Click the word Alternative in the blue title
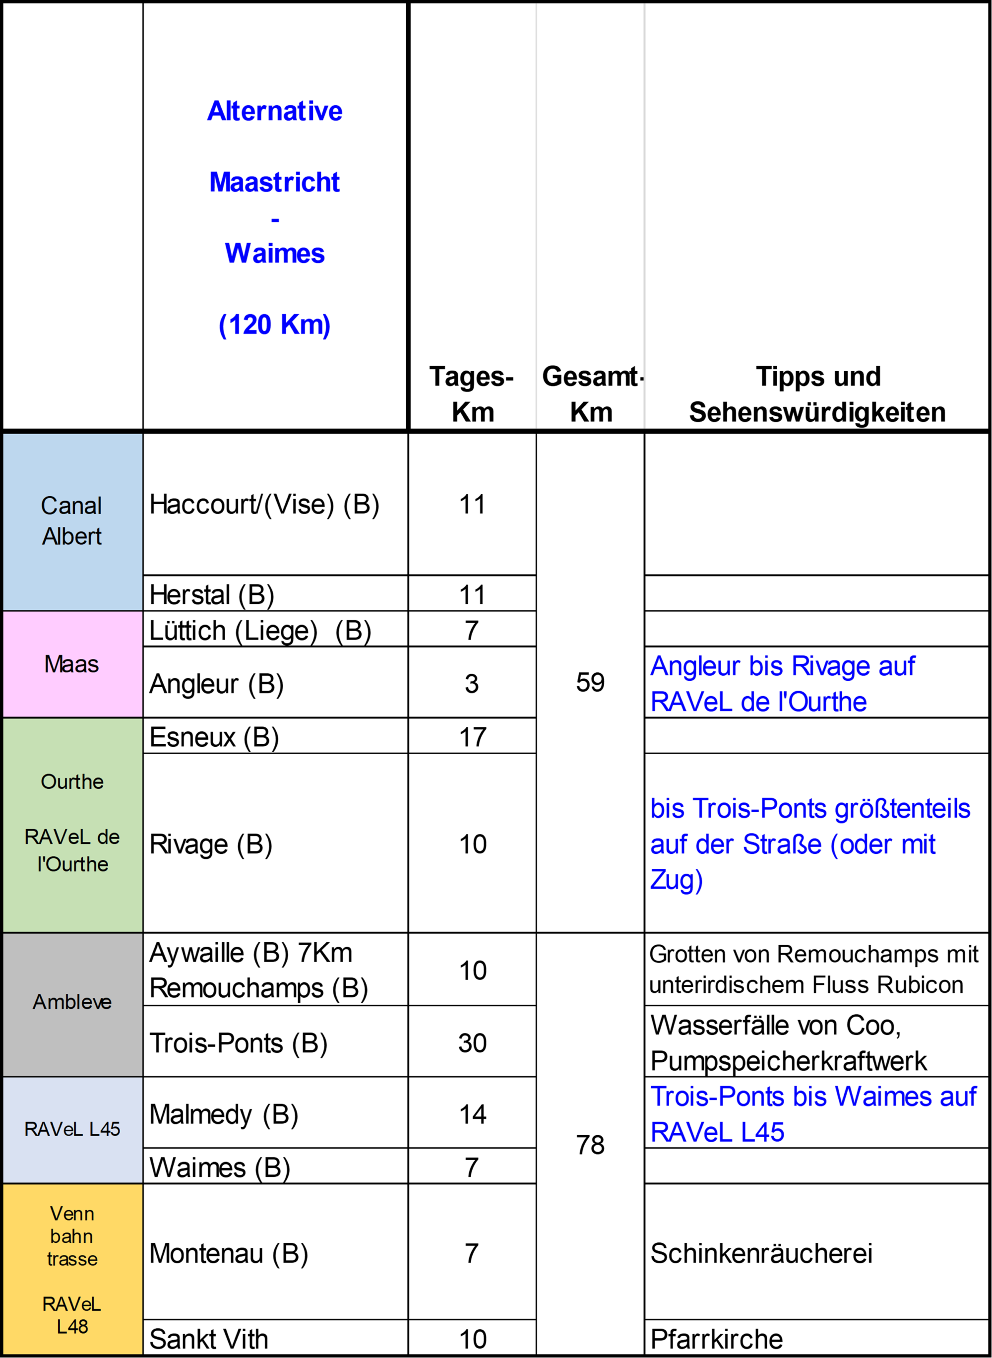coord(274,111)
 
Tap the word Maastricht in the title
coord(274,183)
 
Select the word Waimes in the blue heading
coord(274,254)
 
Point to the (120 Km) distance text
coord(274,325)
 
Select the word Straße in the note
coord(782,845)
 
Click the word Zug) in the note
coord(676,880)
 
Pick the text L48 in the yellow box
coord(72,1326)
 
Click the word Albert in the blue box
coord(72,536)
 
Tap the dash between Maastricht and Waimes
coord(275,220)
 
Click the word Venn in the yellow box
coord(72,1213)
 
